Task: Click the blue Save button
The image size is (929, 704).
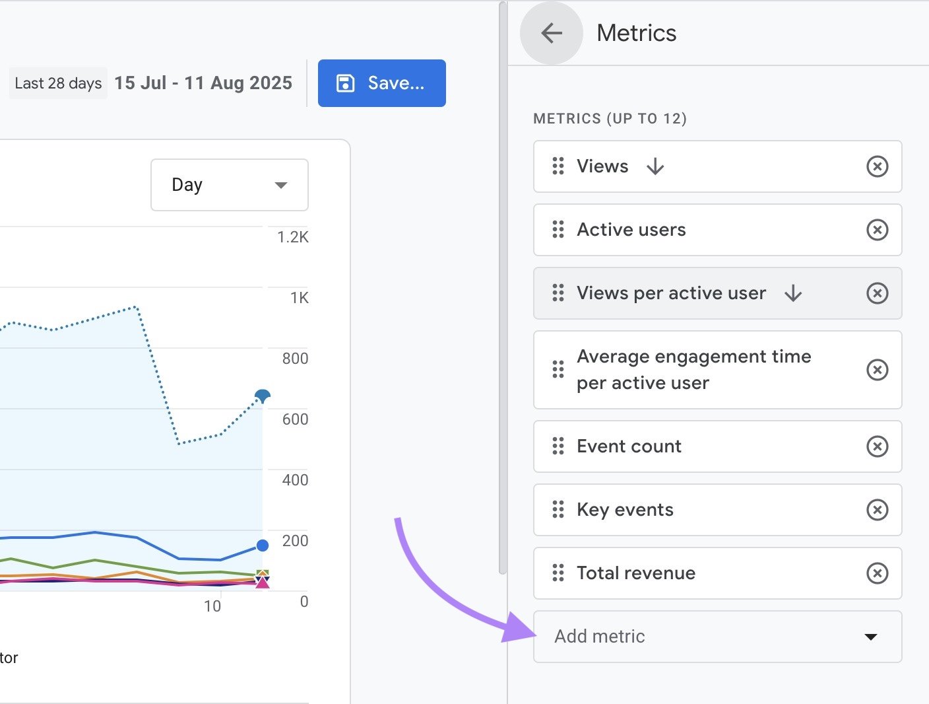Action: pos(381,83)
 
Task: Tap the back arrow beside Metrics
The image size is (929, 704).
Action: pos(552,33)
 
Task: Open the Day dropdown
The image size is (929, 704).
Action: pos(229,185)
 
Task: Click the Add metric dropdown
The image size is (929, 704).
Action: pos(717,637)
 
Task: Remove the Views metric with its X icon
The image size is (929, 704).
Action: pos(877,166)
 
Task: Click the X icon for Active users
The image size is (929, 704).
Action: pos(877,230)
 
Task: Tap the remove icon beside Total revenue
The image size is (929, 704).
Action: pos(877,573)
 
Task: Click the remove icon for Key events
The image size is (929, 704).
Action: pos(877,510)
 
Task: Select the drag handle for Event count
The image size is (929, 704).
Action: pos(558,446)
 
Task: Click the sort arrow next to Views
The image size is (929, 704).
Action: pos(655,166)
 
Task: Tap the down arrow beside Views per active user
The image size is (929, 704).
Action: pos(793,293)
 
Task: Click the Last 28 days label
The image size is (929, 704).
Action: pos(58,83)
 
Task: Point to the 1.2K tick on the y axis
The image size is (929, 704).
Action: pos(292,237)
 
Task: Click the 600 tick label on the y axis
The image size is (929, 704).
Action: pos(295,419)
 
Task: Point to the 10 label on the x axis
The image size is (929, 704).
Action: pos(212,606)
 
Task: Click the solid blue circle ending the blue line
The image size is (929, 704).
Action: pos(263,546)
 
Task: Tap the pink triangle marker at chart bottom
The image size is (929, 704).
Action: pos(263,582)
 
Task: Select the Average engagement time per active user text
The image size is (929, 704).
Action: pos(693,370)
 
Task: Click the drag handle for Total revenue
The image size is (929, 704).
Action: pos(558,573)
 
